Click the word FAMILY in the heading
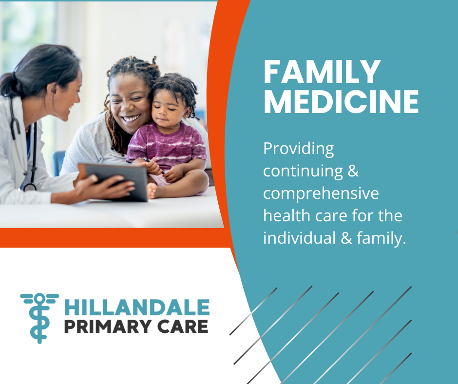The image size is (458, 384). click(322, 72)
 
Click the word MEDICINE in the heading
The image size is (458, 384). click(341, 101)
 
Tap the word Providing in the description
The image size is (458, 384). click(298, 150)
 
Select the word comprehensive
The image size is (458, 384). click(321, 194)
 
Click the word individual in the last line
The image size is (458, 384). click(299, 238)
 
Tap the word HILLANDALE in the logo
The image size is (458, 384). click(137, 307)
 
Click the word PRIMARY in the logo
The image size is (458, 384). click(108, 326)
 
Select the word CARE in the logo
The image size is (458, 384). click(183, 326)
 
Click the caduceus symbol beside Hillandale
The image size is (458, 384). click(40, 318)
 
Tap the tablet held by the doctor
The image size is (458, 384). click(114, 182)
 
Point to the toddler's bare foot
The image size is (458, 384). click(152, 191)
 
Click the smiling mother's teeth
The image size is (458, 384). click(131, 118)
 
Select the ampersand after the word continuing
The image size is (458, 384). click(353, 171)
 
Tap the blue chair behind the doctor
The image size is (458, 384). click(58, 162)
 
